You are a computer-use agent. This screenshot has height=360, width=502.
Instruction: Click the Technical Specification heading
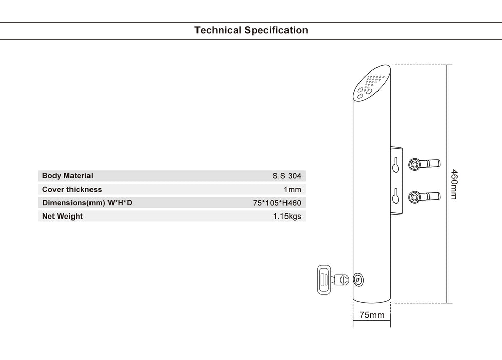[x=251, y=30]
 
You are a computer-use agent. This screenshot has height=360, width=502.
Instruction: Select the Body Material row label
[x=67, y=176]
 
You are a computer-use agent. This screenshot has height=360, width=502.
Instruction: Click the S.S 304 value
[x=286, y=176]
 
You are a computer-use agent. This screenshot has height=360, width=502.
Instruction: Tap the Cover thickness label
[x=72, y=189]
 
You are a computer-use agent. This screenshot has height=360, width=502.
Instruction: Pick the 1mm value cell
[x=292, y=189]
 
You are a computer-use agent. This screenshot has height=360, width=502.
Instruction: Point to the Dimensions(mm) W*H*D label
[x=87, y=203]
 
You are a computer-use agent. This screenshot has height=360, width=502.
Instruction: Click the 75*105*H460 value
[x=277, y=203]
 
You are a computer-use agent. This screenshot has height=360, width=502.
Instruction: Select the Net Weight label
[x=62, y=216]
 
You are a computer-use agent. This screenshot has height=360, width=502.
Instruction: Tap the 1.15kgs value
[x=287, y=216]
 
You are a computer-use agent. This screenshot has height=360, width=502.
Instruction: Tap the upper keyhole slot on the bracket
[x=395, y=164]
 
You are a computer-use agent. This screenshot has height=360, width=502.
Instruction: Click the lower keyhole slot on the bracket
[x=395, y=196]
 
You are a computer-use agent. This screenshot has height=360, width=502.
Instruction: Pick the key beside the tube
[x=330, y=279]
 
